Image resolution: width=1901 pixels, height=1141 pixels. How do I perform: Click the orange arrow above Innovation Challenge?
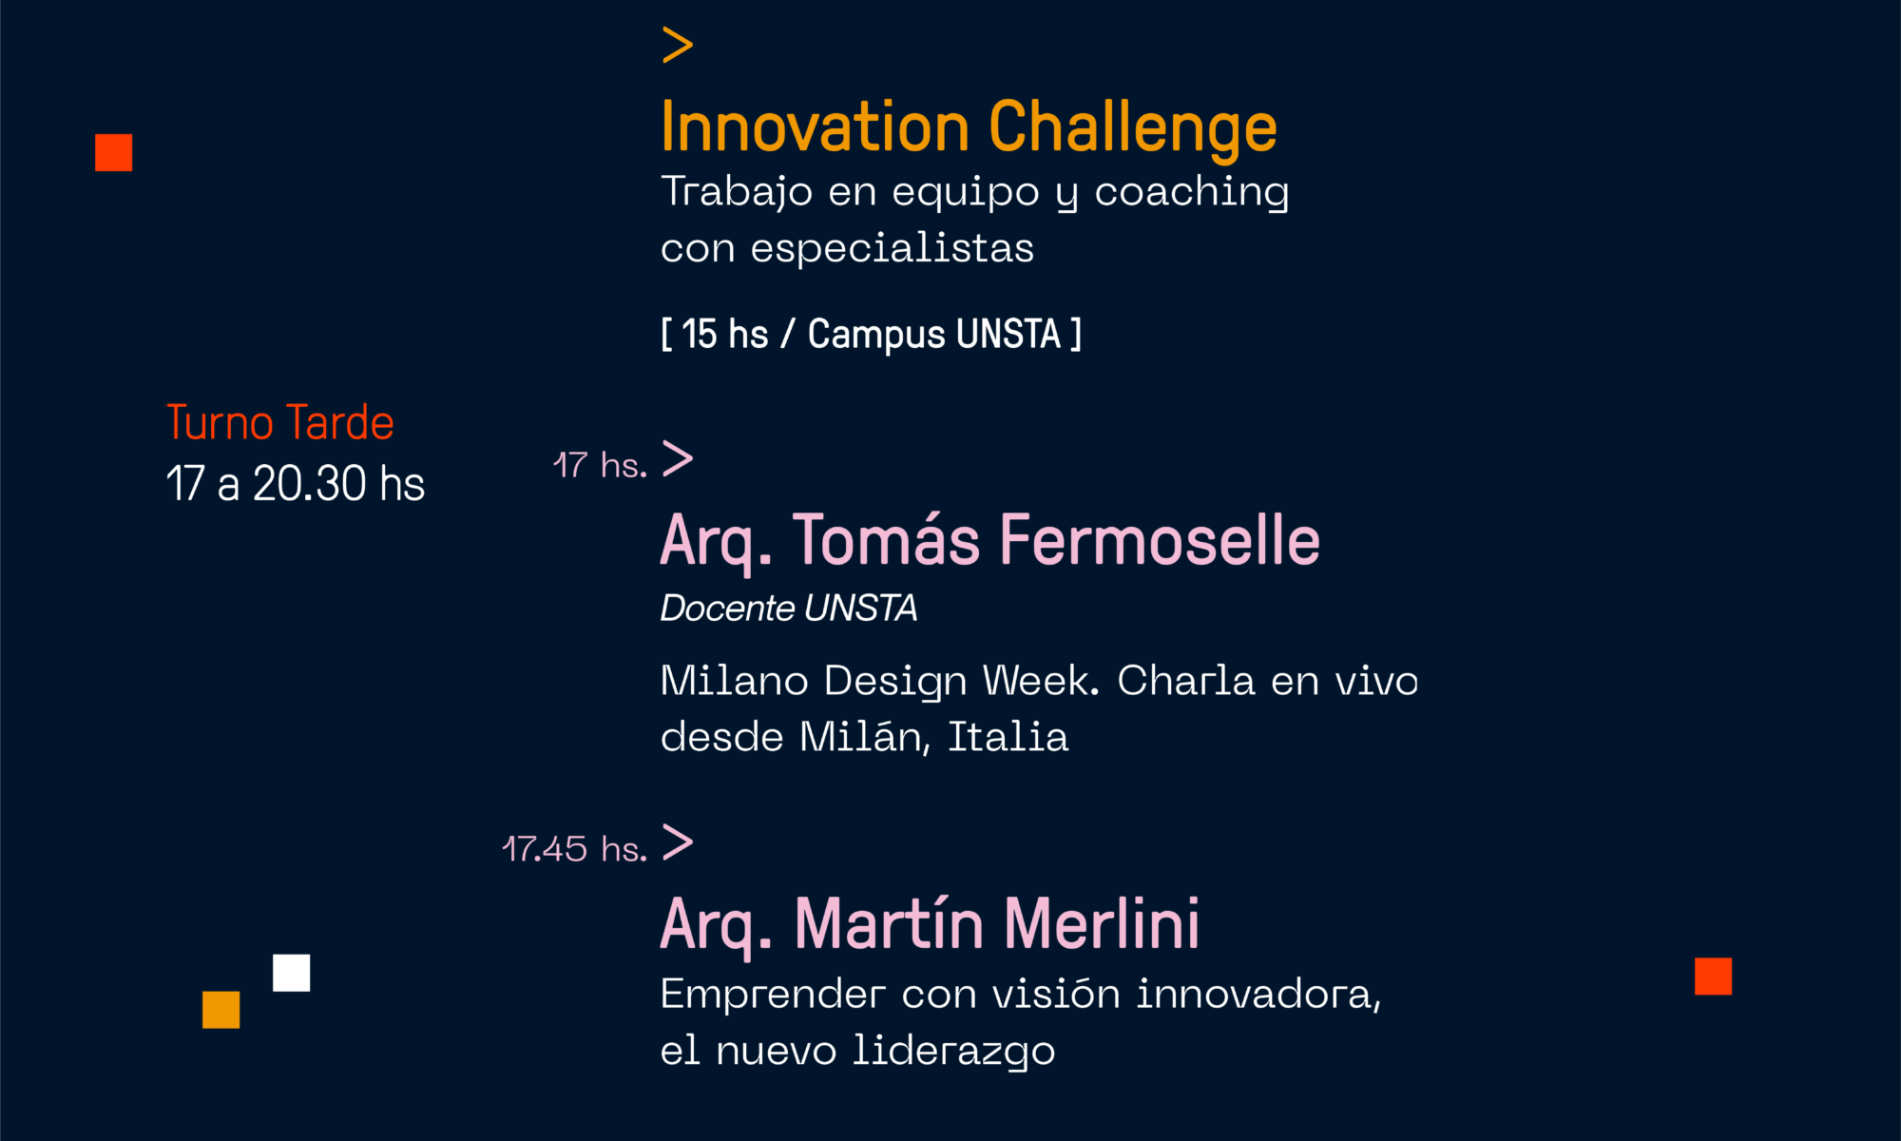click(x=678, y=45)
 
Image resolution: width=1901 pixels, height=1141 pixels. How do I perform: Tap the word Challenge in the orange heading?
click(x=1133, y=127)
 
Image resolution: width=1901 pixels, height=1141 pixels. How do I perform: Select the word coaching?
click(x=1192, y=193)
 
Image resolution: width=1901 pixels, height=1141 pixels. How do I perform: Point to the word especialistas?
click(x=893, y=248)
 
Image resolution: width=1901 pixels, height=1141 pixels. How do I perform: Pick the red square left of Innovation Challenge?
click(x=114, y=152)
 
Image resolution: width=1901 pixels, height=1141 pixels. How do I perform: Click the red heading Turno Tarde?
click(x=280, y=422)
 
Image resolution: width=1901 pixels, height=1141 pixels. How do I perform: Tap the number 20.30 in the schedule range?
click(x=309, y=483)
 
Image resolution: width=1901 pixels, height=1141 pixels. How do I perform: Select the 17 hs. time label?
click(x=600, y=465)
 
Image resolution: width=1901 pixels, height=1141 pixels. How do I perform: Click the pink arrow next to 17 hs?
click(x=678, y=459)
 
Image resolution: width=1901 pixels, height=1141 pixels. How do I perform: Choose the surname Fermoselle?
click(x=1160, y=540)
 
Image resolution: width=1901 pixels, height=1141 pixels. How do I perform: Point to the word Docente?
click(x=728, y=608)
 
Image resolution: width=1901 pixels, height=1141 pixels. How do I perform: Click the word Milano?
click(x=735, y=681)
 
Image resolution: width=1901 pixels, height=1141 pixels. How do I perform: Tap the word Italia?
click(x=1008, y=737)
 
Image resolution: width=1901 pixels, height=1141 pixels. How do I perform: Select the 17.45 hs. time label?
click(x=575, y=848)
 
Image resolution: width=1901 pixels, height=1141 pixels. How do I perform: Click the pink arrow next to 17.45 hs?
click(x=678, y=842)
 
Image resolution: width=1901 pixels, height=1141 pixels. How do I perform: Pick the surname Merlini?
click(x=1102, y=923)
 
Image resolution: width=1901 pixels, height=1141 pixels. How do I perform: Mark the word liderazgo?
click(x=953, y=1052)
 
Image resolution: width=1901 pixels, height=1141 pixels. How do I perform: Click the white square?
click(x=292, y=973)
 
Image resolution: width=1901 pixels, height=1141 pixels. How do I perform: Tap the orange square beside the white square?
click(x=221, y=1010)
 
